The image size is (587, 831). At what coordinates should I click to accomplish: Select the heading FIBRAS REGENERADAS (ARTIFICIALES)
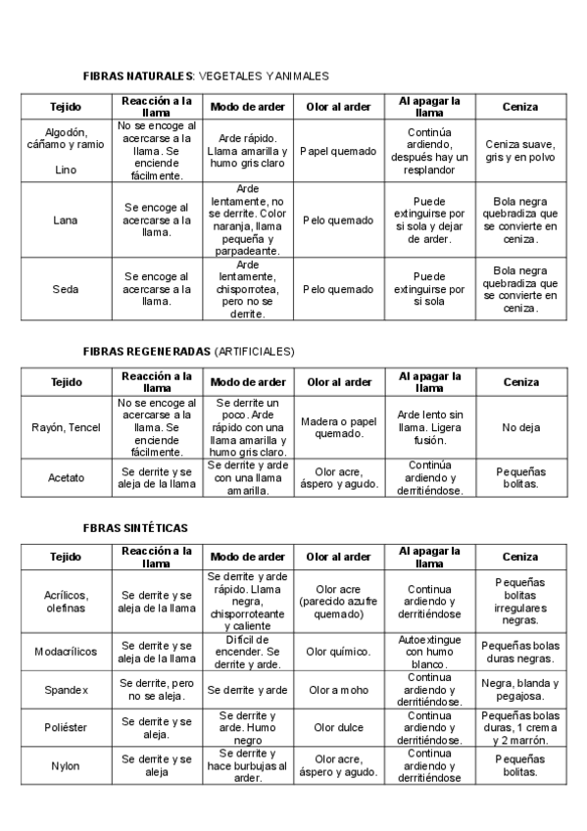(x=188, y=350)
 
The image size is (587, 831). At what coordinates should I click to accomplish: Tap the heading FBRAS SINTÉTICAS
(x=135, y=527)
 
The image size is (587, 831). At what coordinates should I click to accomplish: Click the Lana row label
(x=66, y=220)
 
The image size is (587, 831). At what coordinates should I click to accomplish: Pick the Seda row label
(x=66, y=289)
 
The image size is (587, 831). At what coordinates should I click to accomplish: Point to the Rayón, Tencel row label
(x=66, y=427)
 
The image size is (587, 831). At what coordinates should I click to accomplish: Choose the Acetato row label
(x=66, y=478)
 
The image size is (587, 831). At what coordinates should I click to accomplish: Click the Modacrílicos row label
(x=66, y=652)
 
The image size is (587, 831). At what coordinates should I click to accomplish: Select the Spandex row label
(x=66, y=690)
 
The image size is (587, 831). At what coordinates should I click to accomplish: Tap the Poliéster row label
(x=66, y=728)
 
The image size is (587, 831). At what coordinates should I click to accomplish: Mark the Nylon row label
(x=66, y=766)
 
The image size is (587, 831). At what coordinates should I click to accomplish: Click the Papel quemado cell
(x=338, y=152)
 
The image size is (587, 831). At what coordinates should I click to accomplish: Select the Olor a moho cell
(x=338, y=690)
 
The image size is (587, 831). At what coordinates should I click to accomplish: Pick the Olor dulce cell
(x=338, y=728)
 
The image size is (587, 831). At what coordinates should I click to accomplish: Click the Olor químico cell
(x=338, y=652)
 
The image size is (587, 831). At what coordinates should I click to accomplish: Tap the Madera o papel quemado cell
(x=338, y=427)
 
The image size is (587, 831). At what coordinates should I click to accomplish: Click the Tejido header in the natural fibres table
(x=66, y=106)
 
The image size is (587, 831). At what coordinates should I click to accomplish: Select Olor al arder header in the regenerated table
(x=338, y=382)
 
